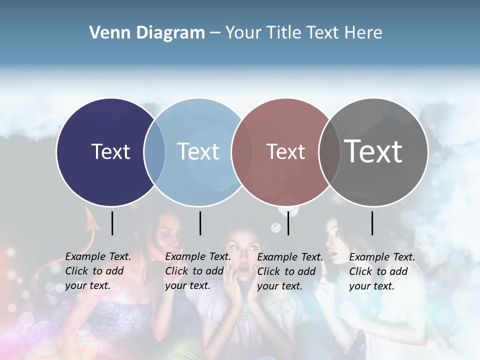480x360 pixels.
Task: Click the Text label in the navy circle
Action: pos(110,151)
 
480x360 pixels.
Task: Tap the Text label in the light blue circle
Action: pos(198,151)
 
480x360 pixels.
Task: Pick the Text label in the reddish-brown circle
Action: pos(285,151)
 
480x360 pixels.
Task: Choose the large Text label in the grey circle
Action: pos(373,151)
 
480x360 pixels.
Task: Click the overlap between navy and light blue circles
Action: pos(154,152)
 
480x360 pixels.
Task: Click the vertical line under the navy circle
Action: pos(112,223)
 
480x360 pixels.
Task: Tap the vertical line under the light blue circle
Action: pos(200,223)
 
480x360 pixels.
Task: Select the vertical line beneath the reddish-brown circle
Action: pos(288,223)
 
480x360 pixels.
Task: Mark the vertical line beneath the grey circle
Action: pos(372,223)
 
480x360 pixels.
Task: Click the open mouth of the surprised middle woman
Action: pos(243,270)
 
